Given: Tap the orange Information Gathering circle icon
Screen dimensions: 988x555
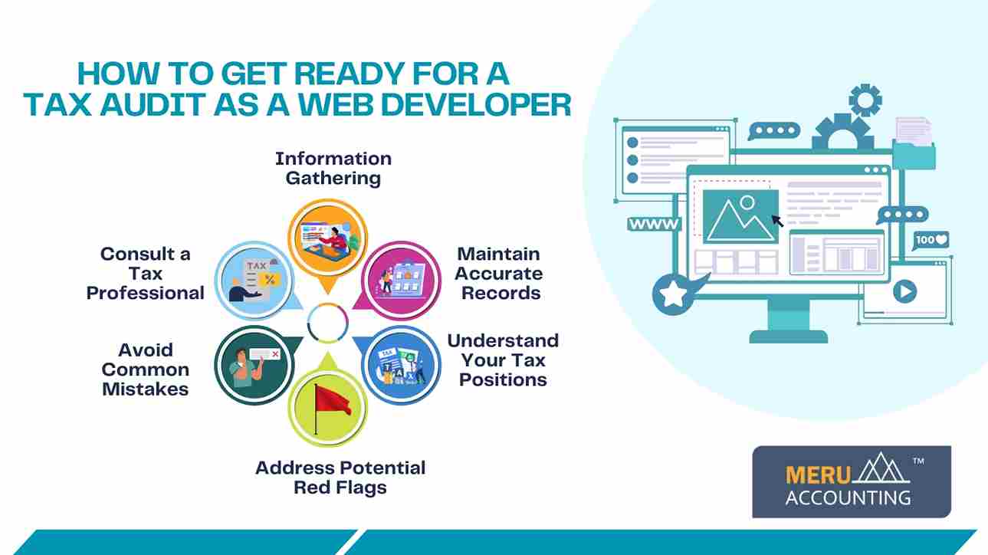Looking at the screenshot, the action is [x=328, y=238].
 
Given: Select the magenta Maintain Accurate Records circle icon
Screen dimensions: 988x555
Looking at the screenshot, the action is [x=401, y=281].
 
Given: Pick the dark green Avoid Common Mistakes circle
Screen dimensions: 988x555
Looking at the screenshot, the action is [x=254, y=366].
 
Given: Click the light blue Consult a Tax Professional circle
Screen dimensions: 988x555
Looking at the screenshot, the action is [x=254, y=281].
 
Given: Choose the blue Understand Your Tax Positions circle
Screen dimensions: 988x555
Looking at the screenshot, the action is [x=401, y=366].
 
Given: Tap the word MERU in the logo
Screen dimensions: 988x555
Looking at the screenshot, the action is [x=818, y=475].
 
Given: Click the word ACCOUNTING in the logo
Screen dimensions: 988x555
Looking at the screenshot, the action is [x=848, y=498].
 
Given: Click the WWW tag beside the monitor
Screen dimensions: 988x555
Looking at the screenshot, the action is [x=654, y=224].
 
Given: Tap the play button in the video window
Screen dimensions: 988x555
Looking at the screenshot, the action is [x=904, y=291].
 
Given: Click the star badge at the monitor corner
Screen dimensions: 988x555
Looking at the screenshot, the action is [x=673, y=294].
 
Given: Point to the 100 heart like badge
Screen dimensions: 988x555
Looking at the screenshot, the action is [x=931, y=241].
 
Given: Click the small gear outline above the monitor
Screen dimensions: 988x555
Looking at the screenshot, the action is [x=865, y=100].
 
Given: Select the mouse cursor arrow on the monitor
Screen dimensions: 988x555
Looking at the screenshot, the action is [x=777, y=221].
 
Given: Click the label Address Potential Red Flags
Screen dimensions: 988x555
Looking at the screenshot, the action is [x=340, y=478].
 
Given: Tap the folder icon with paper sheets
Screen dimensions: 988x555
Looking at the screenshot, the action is [x=914, y=143].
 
